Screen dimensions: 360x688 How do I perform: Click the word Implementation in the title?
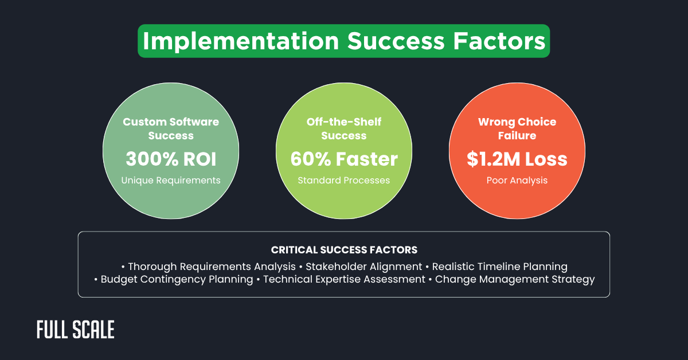click(x=240, y=41)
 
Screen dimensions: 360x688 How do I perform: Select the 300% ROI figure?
click(x=171, y=158)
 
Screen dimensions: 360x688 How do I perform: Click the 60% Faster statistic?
click(x=343, y=158)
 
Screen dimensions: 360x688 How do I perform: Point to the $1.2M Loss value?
click(x=517, y=158)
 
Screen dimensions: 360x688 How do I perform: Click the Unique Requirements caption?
click(x=171, y=180)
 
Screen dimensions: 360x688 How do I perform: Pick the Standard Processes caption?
click(x=343, y=180)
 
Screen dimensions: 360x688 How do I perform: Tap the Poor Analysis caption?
click(x=517, y=180)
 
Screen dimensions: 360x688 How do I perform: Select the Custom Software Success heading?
click(x=171, y=128)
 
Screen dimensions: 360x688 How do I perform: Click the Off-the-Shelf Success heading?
click(x=343, y=128)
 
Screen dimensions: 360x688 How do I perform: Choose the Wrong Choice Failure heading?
click(x=517, y=128)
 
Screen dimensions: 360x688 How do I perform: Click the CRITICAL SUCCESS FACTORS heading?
click(x=344, y=250)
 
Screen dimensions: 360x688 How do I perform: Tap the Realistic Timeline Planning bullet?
click(x=499, y=267)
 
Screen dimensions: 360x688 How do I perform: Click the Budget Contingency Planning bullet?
click(x=177, y=280)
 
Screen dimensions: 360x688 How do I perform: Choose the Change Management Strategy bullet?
click(x=514, y=280)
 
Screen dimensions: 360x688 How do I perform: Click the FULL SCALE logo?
click(x=76, y=330)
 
